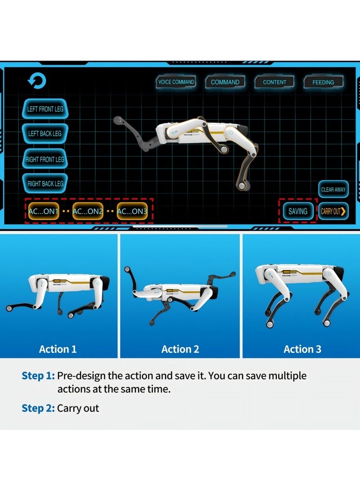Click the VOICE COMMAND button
point(176,82)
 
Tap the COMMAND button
point(225,82)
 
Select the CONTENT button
point(274,82)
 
